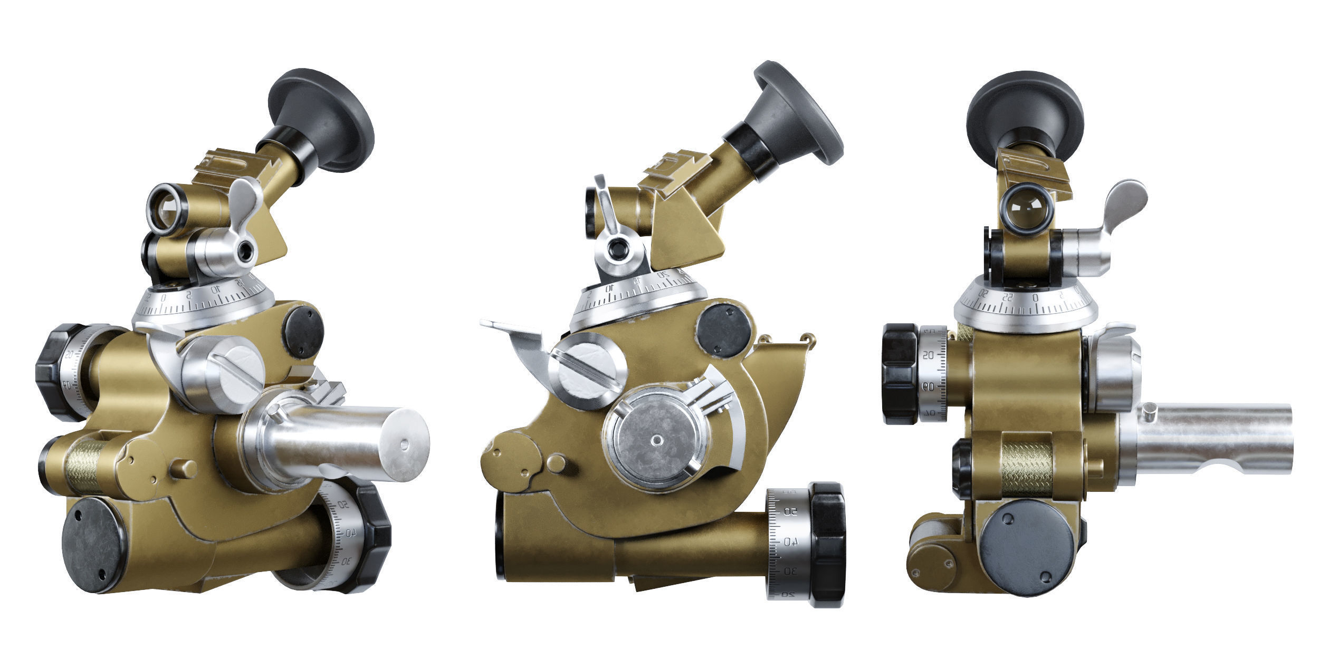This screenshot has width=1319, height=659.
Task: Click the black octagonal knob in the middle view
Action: coord(828,543)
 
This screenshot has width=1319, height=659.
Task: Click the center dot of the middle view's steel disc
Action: coord(656,439)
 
